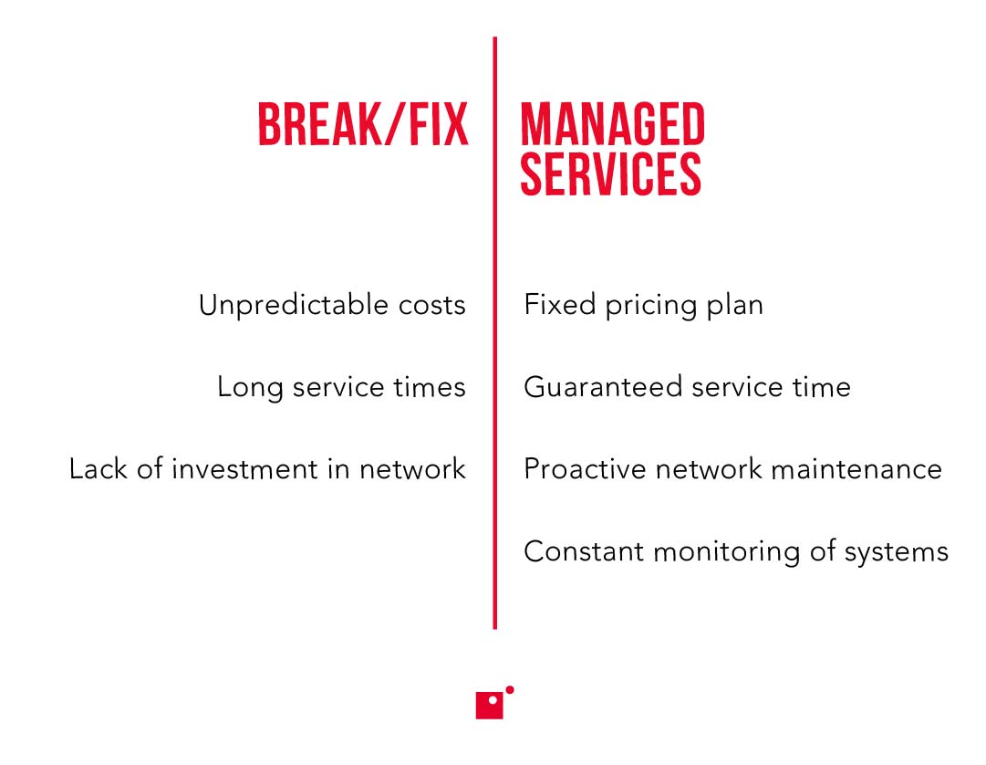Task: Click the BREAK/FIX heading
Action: [363, 125]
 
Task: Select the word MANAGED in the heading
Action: [612, 125]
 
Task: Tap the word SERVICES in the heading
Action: [610, 173]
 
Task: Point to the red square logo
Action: [490, 706]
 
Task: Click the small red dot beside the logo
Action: [510, 690]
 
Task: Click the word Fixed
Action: [559, 305]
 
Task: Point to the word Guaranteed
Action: [603, 387]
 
